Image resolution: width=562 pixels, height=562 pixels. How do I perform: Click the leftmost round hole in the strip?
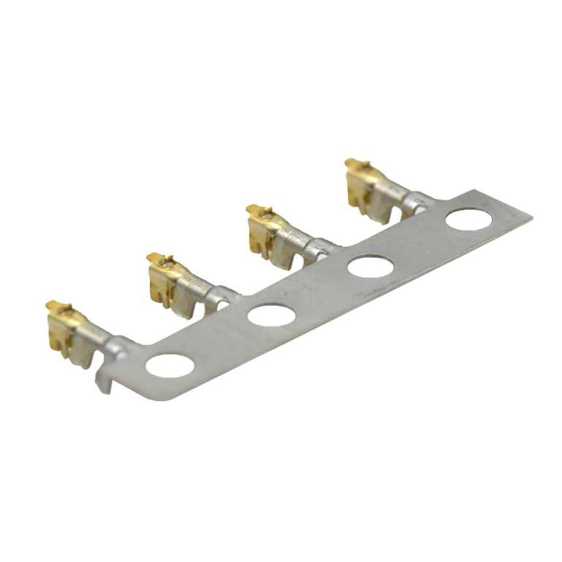point(170,365)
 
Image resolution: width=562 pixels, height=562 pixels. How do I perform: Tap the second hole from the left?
point(270,316)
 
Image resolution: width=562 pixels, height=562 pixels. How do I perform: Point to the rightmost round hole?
point(469,219)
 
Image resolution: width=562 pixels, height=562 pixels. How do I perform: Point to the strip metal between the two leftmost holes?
point(219,341)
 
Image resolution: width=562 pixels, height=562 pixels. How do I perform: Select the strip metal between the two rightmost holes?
point(420,243)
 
